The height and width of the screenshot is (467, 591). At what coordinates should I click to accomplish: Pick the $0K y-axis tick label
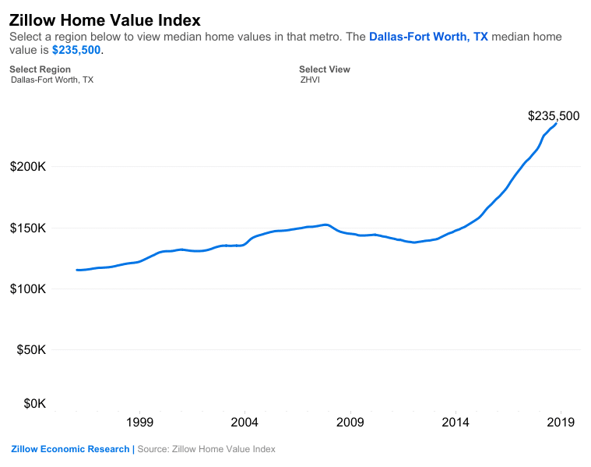click(34, 403)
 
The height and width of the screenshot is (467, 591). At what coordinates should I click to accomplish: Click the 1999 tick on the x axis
click(139, 423)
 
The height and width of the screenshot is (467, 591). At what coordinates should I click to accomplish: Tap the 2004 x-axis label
click(244, 423)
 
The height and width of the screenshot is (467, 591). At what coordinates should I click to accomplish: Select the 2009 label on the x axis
click(350, 423)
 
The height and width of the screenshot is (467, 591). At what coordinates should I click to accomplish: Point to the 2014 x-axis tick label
click(456, 423)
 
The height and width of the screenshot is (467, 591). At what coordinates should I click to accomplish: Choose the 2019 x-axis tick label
click(561, 423)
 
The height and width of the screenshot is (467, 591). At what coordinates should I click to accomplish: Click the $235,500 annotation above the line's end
click(553, 116)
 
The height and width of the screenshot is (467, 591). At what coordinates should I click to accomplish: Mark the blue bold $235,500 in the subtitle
click(76, 50)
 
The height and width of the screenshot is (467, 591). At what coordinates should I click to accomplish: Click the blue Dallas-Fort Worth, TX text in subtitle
click(428, 37)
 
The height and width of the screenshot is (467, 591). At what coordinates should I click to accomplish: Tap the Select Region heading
click(40, 69)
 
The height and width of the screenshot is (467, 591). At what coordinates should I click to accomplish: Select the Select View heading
click(325, 69)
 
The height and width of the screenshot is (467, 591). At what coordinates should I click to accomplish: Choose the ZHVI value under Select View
click(310, 80)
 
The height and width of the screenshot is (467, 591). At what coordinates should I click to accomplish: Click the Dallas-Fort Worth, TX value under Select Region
click(52, 80)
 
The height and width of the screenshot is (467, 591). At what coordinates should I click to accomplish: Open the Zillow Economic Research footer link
click(70, 449)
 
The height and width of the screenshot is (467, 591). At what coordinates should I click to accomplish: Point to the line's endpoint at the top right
click(556, 123)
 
